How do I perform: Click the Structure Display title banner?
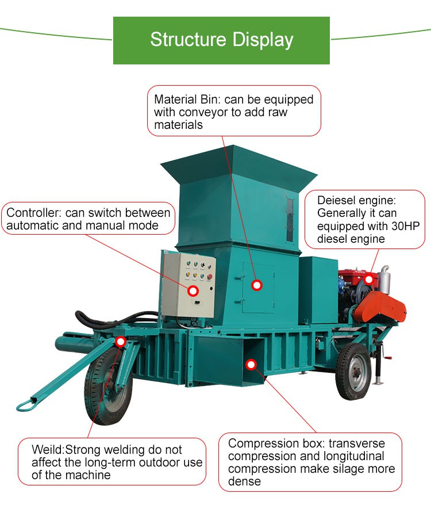(221, 40)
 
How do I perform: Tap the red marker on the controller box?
(193, 291)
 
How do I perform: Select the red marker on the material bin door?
(257, 285)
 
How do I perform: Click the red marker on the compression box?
(251, 364)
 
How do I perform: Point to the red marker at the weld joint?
(121, 342)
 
